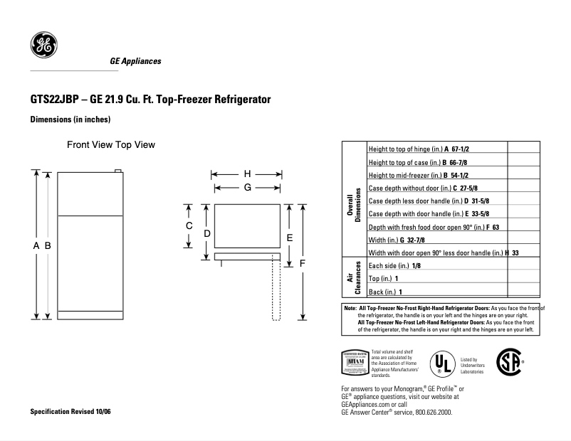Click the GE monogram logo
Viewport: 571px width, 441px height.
click(43, 47)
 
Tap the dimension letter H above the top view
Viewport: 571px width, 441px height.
click(248, 174)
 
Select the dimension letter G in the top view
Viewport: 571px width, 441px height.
click(248, 187)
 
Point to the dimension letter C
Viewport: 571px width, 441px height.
click(189, 225)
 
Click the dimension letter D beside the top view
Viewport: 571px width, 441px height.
click(206, 233)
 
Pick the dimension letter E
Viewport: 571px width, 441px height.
click(290, 237)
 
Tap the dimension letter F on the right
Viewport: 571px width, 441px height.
click(303, 263)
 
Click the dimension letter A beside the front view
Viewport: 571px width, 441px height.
click(36, 245)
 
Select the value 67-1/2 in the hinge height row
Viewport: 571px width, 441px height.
click(463, 149)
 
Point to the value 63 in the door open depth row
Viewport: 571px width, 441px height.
click(496, 227)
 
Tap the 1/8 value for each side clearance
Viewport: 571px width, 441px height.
click(417, 265)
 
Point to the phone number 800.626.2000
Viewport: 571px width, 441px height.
click(430, 412)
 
